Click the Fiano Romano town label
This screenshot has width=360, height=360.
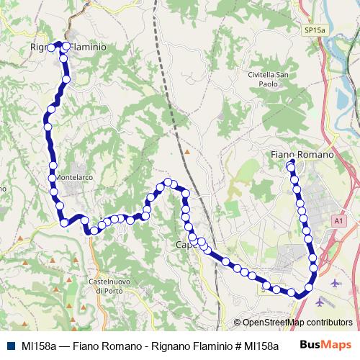point(302,154)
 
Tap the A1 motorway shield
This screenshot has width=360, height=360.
point(339,220)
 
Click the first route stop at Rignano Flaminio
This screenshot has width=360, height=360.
point(50,48)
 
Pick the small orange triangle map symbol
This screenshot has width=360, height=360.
point(186,152)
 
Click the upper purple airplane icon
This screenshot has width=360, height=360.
point(336,282)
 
